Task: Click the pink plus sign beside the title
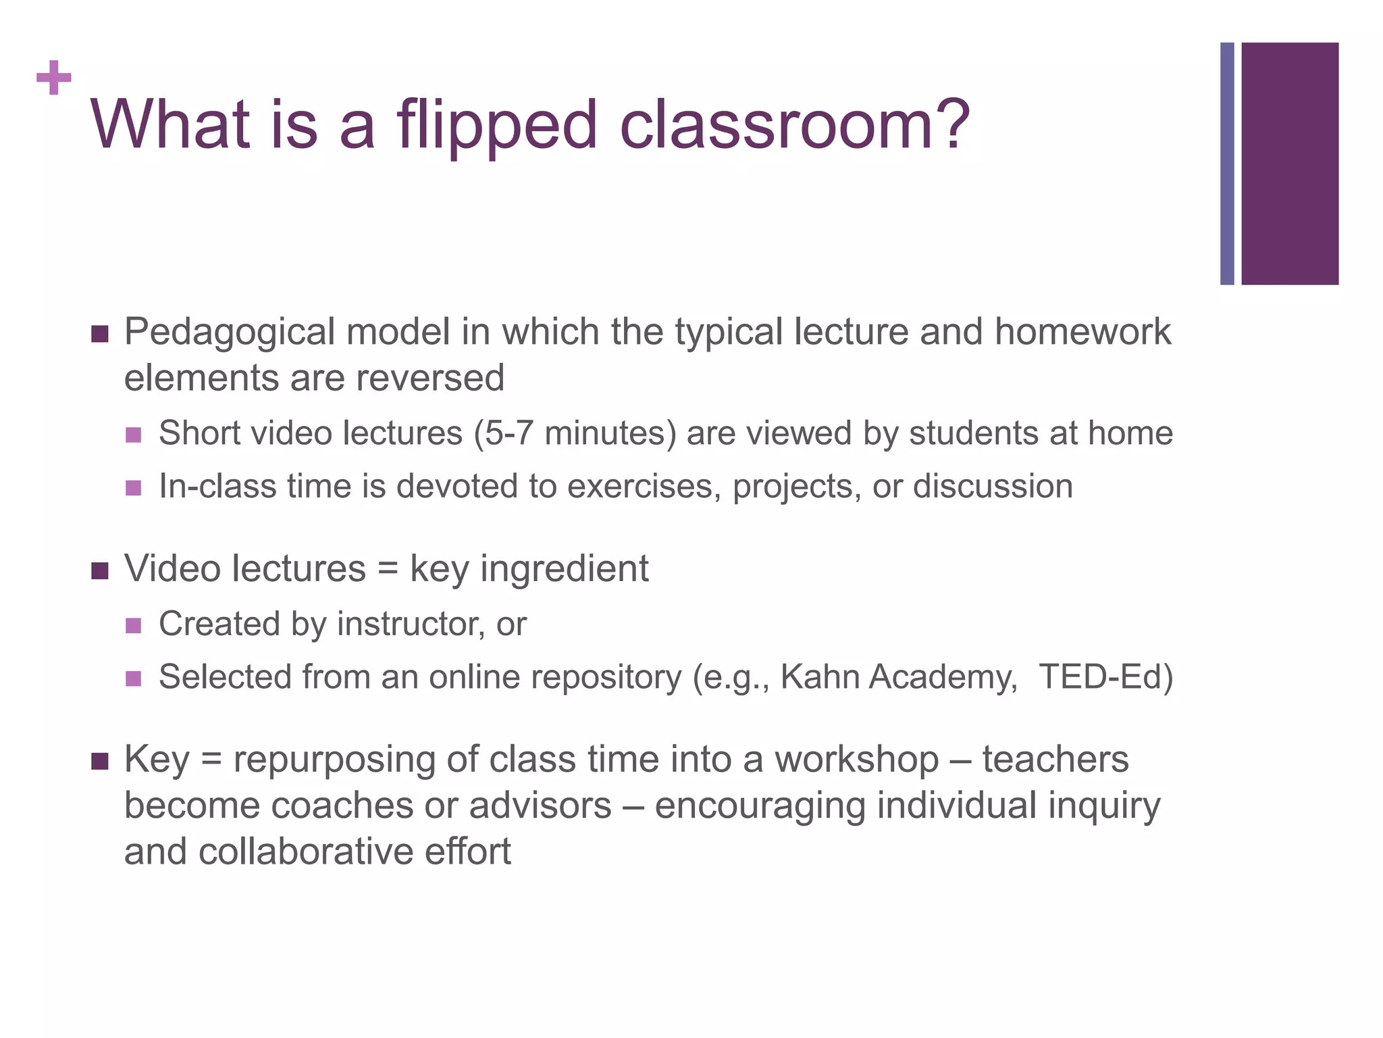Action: pyautogui.click(x=54, y=78)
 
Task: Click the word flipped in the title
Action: pyautogui.click(x=497, y=126)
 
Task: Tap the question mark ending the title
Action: pyautogui.click(x=948, y=123)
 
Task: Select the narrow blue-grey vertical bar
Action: pyautogui.click(x=1227, y=164)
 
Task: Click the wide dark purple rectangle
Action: pyautogui.click(x=1290, y=164)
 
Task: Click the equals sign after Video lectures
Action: pyautogui.click(x=388, y=568)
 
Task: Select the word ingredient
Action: pyautogui.click(x=564, y=569)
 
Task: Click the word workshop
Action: pyautogui.click(x=856, y=759)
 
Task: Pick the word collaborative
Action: pyautogui.click(x=306, y=851)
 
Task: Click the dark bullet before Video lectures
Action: pyautogui.click(x=100, y=570)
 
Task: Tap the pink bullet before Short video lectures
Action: pyautogui.click(x=134, y=435)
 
